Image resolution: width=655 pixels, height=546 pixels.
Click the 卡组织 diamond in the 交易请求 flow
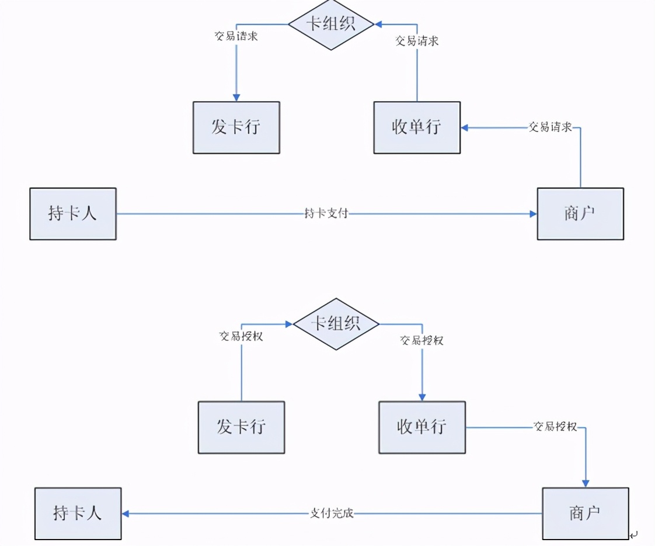pyautogui.click(x=331, y=25)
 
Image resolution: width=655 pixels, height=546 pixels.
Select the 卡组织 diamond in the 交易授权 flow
pyautogui.click(x=336, y=324)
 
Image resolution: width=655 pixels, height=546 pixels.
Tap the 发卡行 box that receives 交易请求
pyautogui.click(x=236, y=127)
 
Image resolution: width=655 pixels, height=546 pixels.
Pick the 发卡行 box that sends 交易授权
pyautogui.click(x=241, y=427)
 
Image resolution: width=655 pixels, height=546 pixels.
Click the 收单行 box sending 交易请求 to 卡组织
pyautogui.click(x=417, y=127)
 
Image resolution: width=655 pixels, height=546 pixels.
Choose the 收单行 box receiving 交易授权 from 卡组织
pyautogui.click(x=422, y=427)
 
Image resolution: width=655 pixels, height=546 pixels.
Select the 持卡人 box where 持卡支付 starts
pyautogui.click(x=73, y=214)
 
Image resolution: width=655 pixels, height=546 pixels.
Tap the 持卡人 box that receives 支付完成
pyautogui.click(x=78, y=514)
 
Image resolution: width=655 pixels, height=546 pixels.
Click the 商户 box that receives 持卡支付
pyautogui.click(x=580, y=214)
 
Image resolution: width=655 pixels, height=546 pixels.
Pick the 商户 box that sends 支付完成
pyautogui.click(x=585, y=514)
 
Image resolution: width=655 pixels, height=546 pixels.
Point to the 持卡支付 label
pyautogui.click(x=326, y=214)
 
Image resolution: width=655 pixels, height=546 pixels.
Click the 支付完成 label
pyautogui.click(x=331, y=514)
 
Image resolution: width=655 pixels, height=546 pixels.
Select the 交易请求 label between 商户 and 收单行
pyautogui.click(x=550, y=127)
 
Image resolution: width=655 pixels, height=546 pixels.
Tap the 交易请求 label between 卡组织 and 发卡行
pyautogui.click(x=236, y=36)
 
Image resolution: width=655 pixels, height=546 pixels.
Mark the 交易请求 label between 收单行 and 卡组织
pyautogui.click(x=417, y=41)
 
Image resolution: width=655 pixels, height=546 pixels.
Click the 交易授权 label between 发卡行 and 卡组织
pyautogui.click(x=241, y=336)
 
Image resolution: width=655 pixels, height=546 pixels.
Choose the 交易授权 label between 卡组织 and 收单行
pyautogui.click(x=421, y=340)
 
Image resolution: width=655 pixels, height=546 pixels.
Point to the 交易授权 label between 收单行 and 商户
pyautogui.click(x=555, y=427)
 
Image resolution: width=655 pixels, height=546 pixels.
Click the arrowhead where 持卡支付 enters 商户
pyautogui.click(x=533, y=214)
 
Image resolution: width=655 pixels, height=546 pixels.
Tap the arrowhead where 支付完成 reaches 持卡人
pyautogui.click(x=126, y=514)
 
